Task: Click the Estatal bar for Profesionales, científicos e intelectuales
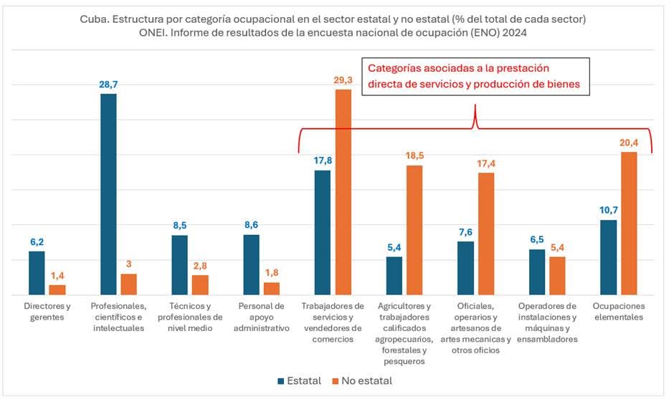click(x=108, y=194)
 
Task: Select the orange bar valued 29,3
click(x=343, y=191)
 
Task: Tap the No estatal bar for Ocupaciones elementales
click(x=629, y=223)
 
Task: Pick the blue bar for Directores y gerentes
click(x=37, y=272)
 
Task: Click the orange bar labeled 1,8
click(x=272, y=288)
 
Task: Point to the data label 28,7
click(x=108, y=85)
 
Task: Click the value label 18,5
click(x=415, y=156)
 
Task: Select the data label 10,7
click(x=608, y=211)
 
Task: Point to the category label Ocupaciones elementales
click(x=619, y=312)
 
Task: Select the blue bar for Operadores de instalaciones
click(x=537, y=271)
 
